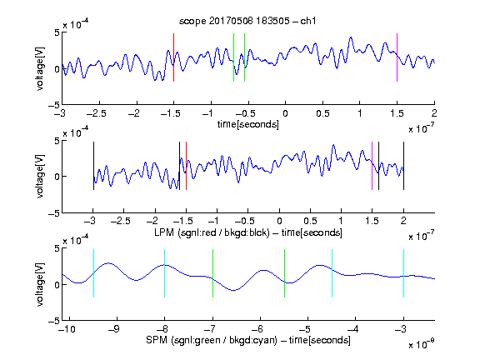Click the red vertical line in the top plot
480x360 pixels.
click(x=173, y=57)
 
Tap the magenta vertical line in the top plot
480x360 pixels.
click(x=397, y=57)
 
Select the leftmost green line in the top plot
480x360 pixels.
click(x=233, y=57)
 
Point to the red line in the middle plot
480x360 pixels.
click(x=186, y=166)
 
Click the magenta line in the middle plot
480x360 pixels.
click(x=372, y=166)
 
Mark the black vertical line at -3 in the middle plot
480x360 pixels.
click(x=93, y=166)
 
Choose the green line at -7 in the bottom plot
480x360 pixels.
click(x=212, y=273)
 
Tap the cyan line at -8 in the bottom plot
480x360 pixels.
click(x=165, y=273)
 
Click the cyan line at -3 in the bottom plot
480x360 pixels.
click(x=404, y=273)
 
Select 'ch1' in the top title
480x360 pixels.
click(x=308, y=21)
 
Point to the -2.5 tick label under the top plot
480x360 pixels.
click(x=97, y=114)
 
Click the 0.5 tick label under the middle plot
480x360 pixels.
click(x=310, y=221)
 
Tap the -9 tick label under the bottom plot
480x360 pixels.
click(x=114, y=329)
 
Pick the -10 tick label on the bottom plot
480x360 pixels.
click(x=67, y=329)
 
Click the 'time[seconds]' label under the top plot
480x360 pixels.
click(x=248, y=125)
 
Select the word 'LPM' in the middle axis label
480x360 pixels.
click(x=164, y=232)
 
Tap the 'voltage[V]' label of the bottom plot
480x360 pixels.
click(x=40, y=285)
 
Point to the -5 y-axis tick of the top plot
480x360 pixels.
click(x=54, y=105)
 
